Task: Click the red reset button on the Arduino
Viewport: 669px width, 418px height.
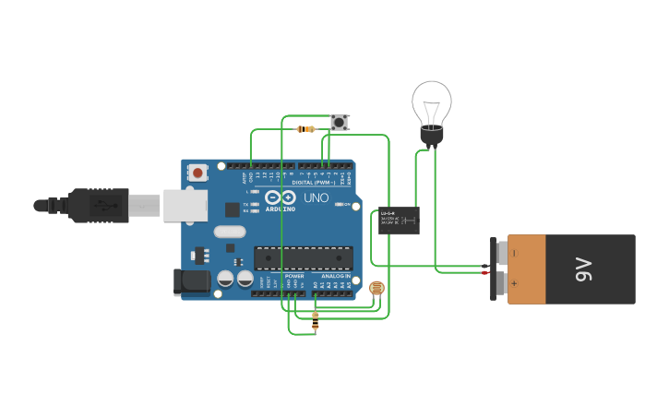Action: click(x=198, y=172)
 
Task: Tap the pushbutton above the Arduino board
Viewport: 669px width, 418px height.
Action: click(x=340, y=122)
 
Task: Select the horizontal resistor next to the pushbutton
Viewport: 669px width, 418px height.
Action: click(x=306, y=129)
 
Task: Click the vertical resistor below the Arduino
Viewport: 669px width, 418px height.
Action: click(x=316, y=320)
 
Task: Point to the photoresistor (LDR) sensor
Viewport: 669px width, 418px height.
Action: click(x=376, y=289)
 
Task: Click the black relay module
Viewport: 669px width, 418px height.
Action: click(x=399, y=220)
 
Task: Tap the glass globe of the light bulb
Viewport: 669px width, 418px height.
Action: click(x=431, y=102)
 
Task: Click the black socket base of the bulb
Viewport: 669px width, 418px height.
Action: click(x=431, y=137)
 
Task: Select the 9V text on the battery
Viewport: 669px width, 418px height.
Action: click(x=583, y=269)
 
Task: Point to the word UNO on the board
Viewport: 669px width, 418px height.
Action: click(x=317, y=197)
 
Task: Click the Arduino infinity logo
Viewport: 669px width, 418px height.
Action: click(x=280, y=197)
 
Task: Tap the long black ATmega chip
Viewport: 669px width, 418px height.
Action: click(x=303, y=258)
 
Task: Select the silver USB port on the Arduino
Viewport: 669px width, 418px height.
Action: click(x=185, y=206)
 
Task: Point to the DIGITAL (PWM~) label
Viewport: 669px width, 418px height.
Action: click(x=313, y=183)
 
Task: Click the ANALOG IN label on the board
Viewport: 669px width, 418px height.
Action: click(x=336, y=276)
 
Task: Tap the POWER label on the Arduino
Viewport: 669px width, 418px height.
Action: click(x=294, y=276)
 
